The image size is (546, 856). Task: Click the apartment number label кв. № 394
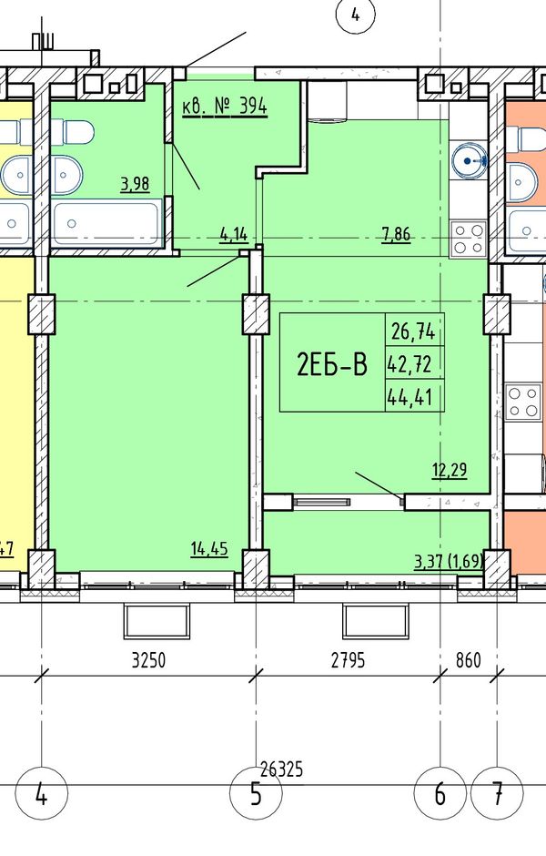[x=225, y=107]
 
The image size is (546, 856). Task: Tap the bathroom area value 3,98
[x=135, y=184]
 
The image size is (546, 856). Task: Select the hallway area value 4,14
[x=234, y=235]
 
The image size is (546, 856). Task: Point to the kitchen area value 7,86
[x=396, y=235]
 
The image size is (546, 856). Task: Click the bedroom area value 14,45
[x=209, y=548]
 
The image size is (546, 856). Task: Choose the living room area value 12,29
[x=450, y=470]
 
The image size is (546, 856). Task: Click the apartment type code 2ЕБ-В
[x=331, y=364]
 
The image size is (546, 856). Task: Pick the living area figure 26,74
[x=413, y=331]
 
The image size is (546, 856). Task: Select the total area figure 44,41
[x=410, y=397]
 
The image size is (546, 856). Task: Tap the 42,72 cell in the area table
[x=409, y=363]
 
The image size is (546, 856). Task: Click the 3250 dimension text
[x=148, y=660]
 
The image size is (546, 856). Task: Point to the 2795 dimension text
[x=348, y=660]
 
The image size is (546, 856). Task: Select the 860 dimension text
[x=468, y=660]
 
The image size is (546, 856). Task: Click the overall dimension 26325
[x=281, y=769]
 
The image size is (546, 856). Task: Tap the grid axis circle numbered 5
[x=256, y=794]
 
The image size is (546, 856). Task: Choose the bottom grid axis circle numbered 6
[x=440, y=794]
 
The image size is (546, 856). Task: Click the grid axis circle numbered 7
[x=497, y=794]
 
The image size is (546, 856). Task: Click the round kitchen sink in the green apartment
[x=469, y=160]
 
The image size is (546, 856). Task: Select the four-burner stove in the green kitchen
[x=469, y=239]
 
